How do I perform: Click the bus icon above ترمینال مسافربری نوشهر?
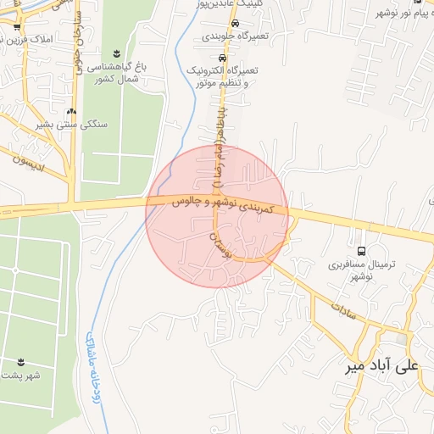[363, 251]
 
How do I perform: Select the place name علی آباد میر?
[382, 367]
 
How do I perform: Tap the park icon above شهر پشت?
[21, 362]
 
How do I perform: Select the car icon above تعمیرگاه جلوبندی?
[235, 24]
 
